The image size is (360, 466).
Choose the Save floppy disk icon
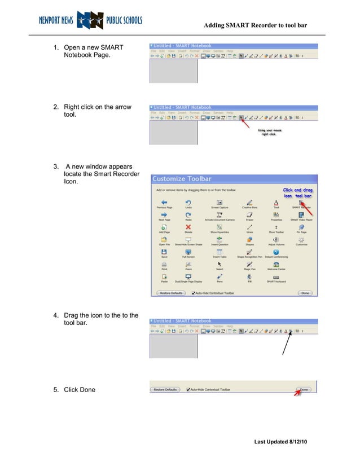click(164, 252)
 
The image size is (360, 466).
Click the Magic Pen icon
click(249, 264)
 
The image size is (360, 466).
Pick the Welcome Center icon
click(276, 264)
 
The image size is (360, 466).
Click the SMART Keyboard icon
click(276, 277)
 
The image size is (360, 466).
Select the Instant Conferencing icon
click(276, 252)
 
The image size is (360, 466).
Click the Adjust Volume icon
click(276, 239)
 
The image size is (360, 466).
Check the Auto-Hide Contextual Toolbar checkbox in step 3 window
click(194, 293)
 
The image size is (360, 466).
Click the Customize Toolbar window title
click(182, 179)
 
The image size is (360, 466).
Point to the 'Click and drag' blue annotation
click(297, 192)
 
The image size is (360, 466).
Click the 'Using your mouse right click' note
click(270, 133)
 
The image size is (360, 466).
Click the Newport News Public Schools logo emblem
click(90, 20)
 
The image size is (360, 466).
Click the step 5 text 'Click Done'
click(80, 390)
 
